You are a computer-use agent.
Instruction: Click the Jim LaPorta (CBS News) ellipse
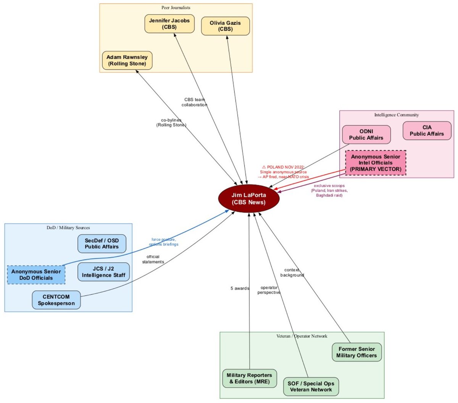(x=249, y=198)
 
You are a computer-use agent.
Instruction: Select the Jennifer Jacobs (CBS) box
(x=169, y=24)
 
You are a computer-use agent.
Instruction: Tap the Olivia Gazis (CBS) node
(x=225, y=26)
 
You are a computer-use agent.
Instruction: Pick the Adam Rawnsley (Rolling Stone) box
(x=127, y=60)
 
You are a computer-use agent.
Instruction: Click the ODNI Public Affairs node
(x=366, y=134)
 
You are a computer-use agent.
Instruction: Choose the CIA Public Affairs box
(x=427, y=131)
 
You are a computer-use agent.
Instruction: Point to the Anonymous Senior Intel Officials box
(x=376, y=163)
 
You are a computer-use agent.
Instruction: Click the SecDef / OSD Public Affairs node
(x=102, y=243)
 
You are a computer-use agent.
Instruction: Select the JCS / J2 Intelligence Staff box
(x=103, y=272)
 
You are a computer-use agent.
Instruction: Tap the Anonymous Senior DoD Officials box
(x=36, y=275)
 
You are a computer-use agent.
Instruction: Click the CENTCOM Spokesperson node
(x=56, y=300)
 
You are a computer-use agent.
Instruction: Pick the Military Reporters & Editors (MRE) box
(x=249, y=378)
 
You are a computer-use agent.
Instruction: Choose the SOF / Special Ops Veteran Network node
(x=311, y=386)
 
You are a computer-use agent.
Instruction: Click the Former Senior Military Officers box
(x=356, y=352)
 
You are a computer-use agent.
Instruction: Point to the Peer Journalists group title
(x=176, y=8)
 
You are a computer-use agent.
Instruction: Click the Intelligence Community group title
(x=397, y=115)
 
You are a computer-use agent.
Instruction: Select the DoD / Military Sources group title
(x=68, y=228)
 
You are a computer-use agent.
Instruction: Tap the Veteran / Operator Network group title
(x=302, y=336)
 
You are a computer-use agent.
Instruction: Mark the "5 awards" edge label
(x=240, y=289)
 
